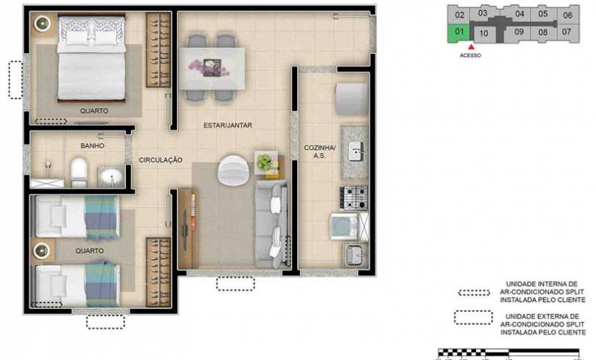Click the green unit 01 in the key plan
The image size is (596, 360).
459,33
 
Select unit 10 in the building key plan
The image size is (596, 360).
484,34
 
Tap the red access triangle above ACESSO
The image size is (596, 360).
471,47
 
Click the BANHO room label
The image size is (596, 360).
92,145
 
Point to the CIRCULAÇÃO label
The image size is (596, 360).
160,160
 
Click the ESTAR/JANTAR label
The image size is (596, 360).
228,125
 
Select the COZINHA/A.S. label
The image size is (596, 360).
320,151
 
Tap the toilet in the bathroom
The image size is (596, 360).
79,172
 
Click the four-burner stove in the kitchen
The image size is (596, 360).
355,198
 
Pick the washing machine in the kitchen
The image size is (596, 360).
344,227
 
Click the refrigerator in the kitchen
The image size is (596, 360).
352,99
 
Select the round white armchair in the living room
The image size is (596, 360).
233,170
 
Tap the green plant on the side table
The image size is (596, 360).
264,162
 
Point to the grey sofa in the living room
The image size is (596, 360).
271,224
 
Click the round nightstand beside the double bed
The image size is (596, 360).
42,24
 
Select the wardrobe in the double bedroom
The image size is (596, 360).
158,50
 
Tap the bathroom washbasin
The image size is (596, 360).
111,177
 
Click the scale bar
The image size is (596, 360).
509,352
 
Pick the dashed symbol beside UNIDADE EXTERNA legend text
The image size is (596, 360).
473,318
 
